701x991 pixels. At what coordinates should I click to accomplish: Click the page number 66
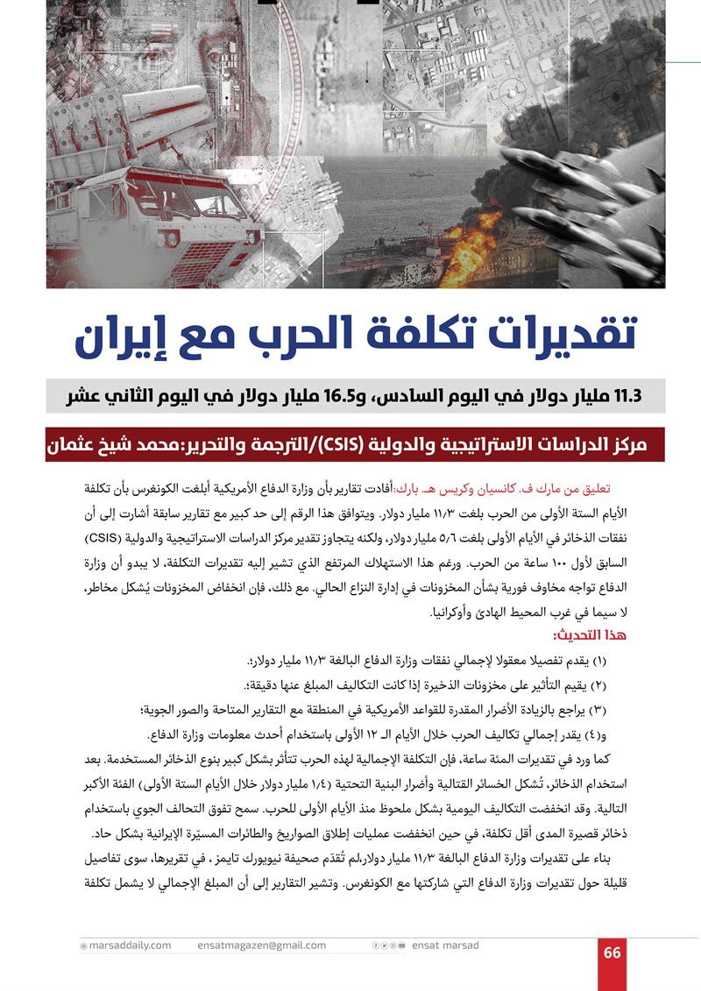point(612,952)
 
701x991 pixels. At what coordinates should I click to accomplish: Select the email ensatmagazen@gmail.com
point(262,945)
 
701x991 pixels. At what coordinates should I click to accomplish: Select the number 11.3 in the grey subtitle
point(625,396)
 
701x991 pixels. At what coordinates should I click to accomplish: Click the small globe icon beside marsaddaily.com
point(83,946)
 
